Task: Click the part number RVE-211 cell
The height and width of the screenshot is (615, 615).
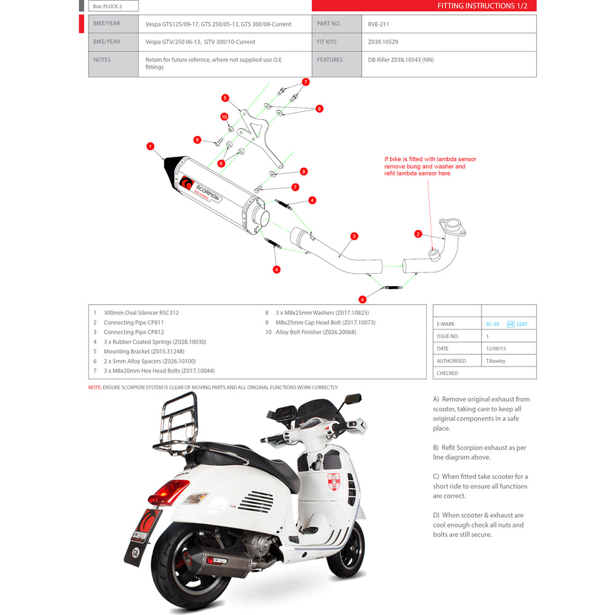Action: (x=378, y=25)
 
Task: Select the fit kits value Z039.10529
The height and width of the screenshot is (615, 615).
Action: (x=383, y=42)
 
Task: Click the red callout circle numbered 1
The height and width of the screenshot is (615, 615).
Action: (x=150, y=146)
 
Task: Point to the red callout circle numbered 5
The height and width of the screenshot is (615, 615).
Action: (x=225, y=98)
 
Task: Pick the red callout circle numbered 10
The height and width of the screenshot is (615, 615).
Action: (x=224, y=116)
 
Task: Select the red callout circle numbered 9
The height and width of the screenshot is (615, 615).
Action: (x=197, y=140)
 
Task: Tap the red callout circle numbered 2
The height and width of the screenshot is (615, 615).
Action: (x=418, y=234)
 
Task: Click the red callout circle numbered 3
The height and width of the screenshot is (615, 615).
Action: (x=354, y=236)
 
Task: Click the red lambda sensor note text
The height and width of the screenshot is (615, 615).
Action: (x=430, y=167)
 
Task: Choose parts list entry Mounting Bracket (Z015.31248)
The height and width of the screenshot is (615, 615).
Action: (x=144, y=351)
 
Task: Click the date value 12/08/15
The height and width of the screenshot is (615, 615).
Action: (x=496, y=349)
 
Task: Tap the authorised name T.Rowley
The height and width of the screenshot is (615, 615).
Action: (x=496, y=361)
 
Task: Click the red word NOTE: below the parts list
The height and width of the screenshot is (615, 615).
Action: (x=94, y=387)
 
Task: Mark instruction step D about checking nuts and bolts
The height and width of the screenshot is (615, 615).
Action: (x=478, y=525)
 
